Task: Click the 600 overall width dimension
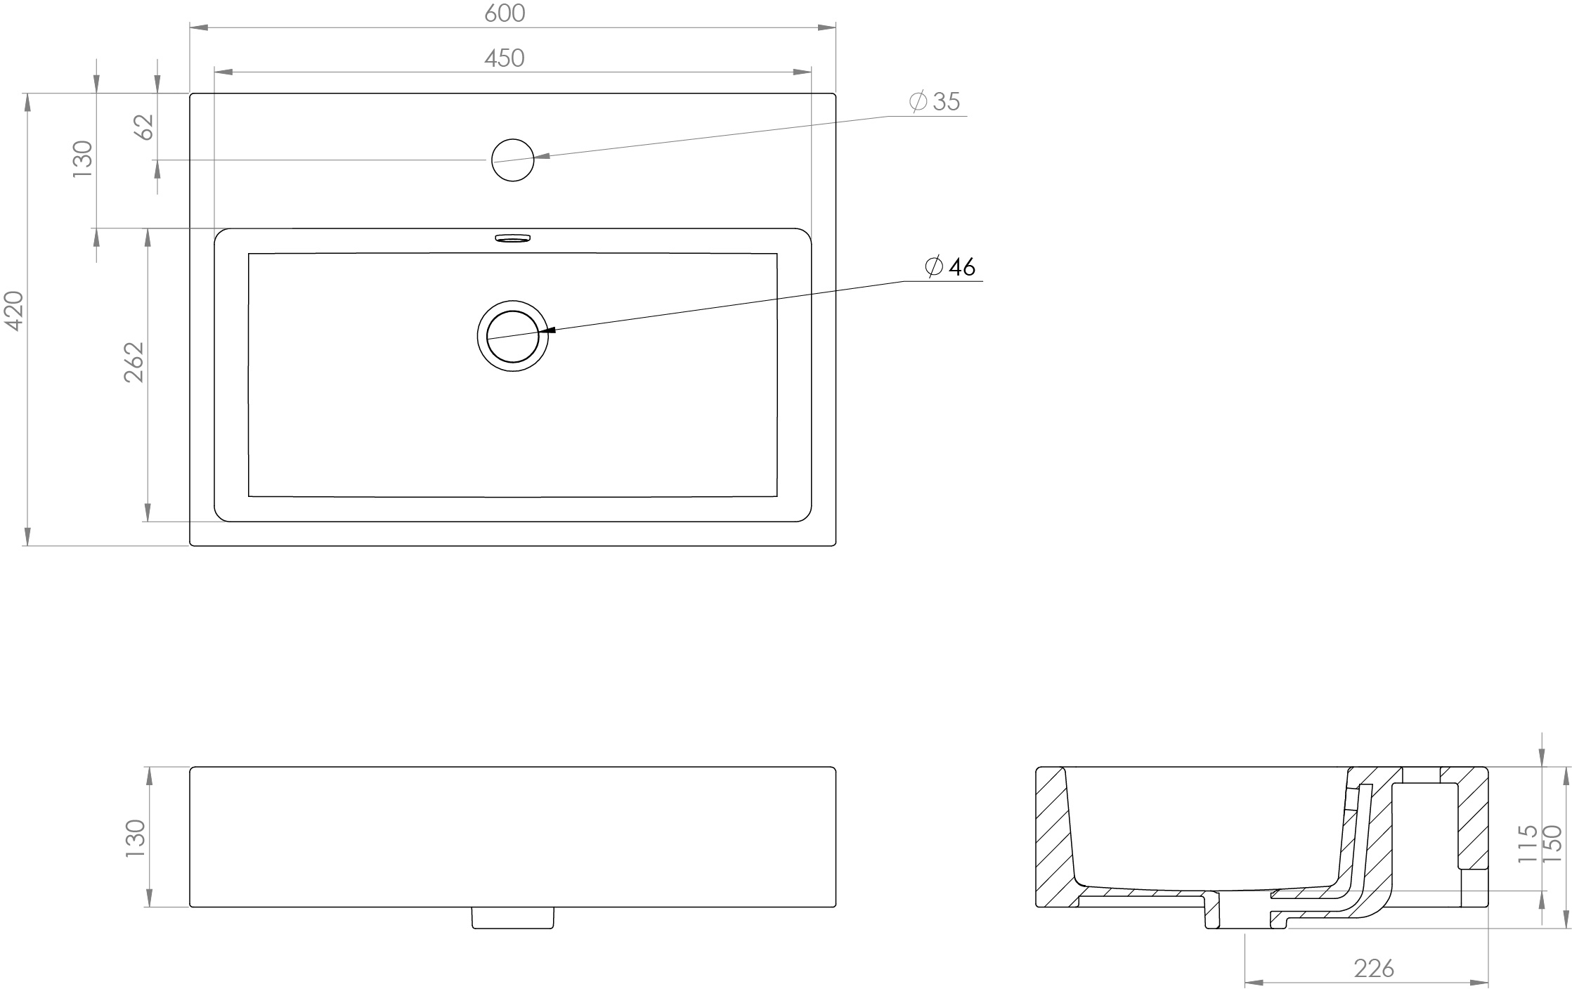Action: pos(505,13)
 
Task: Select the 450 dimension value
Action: pos(505,58)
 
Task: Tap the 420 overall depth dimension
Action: pos(15,310)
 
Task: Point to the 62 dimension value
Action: pos(144,127)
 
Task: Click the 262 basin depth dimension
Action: pos(134,362)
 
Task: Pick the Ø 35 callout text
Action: pos(935,102)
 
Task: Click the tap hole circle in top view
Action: pos(513,160)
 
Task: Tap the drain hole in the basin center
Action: pos(513,337)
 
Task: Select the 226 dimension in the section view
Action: pos(1374,969)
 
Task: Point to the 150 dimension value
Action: pos(1551,843)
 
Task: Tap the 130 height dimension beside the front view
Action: pos(134,838)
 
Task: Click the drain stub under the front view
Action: pos(513,917)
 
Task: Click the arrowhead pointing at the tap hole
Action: pos(542,157)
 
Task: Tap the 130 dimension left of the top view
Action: pos(82,159)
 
